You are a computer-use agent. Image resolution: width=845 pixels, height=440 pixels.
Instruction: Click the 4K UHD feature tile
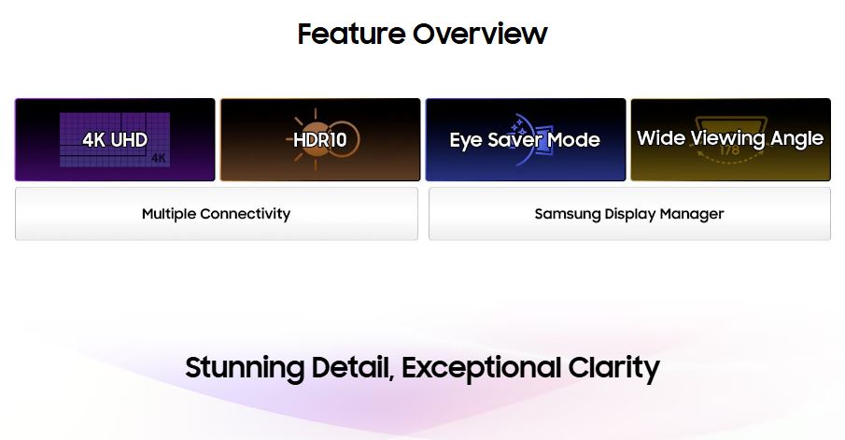click(115, 139)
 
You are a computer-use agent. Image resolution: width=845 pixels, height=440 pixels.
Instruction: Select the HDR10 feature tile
click(320, 139)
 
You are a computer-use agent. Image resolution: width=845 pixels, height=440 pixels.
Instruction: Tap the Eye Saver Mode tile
click(526, 139)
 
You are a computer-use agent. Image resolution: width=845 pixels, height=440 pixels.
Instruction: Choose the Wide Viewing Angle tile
click(731, 139)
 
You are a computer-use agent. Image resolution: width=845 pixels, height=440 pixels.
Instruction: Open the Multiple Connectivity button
click(216, 214)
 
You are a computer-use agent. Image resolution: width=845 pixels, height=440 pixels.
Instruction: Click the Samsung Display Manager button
click(629, 214)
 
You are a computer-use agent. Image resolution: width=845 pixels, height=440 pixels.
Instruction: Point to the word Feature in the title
click(351, 34)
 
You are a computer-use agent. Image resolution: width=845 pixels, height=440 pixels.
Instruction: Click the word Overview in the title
click(480, 34)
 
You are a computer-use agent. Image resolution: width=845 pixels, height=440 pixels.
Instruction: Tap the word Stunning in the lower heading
click(245, 369)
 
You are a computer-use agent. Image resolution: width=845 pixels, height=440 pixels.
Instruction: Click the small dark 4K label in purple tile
click(159, 159)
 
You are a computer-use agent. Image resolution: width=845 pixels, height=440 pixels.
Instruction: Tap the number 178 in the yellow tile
click(729, 150)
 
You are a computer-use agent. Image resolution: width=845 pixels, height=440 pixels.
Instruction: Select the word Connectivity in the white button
click(246, 214)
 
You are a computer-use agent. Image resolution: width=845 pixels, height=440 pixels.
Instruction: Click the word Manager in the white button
click(692, 215)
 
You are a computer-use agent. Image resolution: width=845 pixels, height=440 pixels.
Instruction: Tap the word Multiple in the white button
click(169, 214)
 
